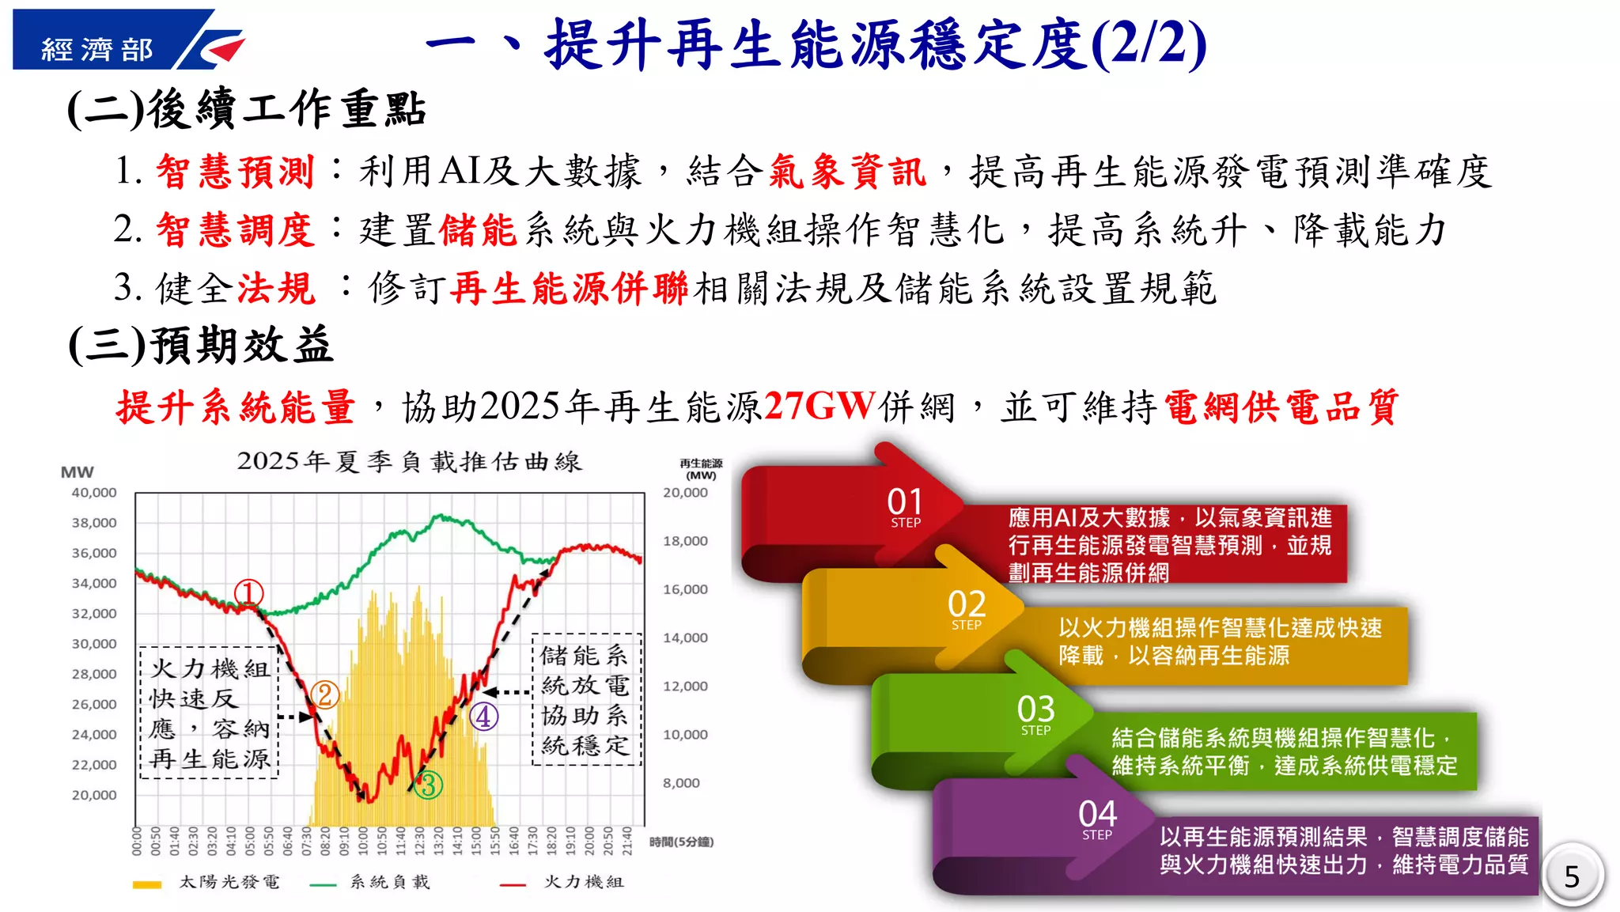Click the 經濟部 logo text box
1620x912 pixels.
tap(97, 49)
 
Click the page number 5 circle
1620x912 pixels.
tap(1573, 876)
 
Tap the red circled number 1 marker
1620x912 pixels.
tap(248, 593)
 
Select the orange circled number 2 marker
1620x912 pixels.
tap(324, 695)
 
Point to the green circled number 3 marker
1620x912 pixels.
tap(428, 785)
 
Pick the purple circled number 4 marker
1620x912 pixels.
tap(484, 717)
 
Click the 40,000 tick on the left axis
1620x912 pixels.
tap(94, 492)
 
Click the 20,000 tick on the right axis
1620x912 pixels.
tap(685, 492)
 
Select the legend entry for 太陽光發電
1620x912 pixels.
tap(207, 882)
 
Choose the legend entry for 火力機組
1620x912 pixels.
tap(562, 882)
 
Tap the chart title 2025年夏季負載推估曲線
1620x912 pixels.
tap(409, 461)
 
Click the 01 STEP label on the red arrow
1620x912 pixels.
tap(905, 507)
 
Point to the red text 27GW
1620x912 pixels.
tap(819, 407)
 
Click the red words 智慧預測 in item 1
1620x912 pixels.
tap(235, 172)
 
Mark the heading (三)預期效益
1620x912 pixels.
tap(201, 346)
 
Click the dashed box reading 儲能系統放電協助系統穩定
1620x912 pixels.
tap(586, 700)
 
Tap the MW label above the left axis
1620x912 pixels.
tap(78, 472)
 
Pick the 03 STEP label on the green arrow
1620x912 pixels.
tap(1035, 714)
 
